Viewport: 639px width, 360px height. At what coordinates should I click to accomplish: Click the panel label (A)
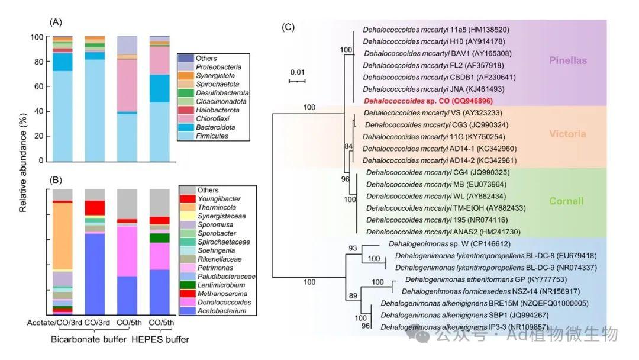(x=56, y=22)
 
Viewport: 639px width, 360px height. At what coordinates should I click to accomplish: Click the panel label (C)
(x=288, y=27)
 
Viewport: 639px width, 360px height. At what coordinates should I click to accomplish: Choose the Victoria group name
(x=567, y=134)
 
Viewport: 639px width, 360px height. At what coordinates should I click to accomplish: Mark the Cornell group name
(x=567, y=201)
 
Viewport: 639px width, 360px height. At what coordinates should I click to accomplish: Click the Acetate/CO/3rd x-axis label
(x=54, y=323)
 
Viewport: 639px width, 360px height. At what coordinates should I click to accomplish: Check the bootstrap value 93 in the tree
(x=353, y=247)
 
